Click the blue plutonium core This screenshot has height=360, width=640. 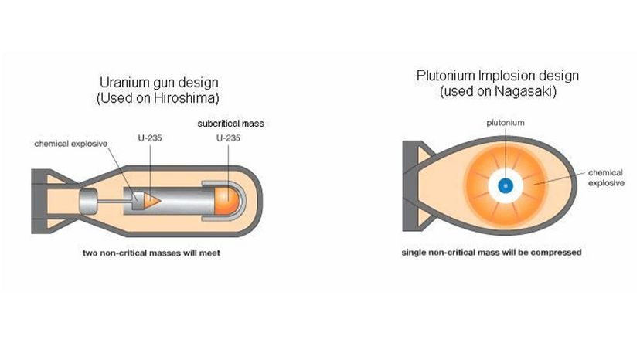click(505, 185)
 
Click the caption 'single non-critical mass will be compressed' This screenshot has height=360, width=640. click(492, 253)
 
